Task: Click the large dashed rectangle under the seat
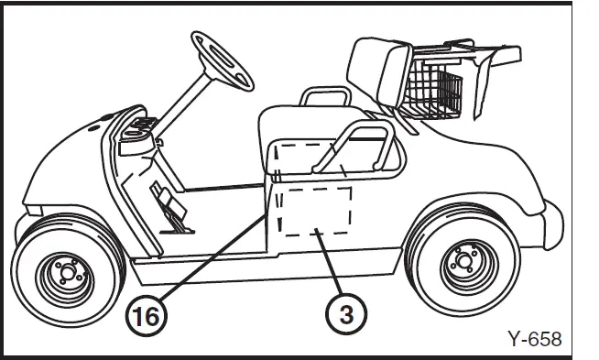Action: [x=317, y=210]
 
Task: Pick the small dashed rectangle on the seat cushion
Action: [x=302, y=157]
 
